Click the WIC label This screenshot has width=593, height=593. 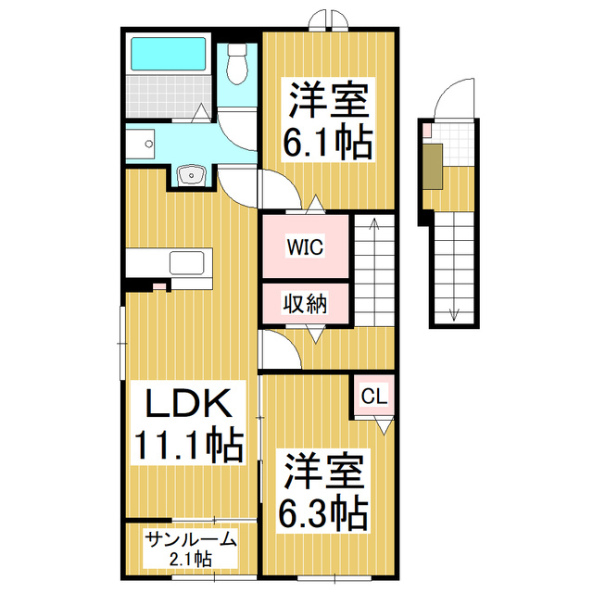(304, 247)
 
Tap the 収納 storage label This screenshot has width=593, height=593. (304, 303)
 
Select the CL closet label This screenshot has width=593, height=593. (372, 397)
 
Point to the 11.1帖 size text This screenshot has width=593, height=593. (190, 445)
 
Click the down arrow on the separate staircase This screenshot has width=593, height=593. (454, 313)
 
